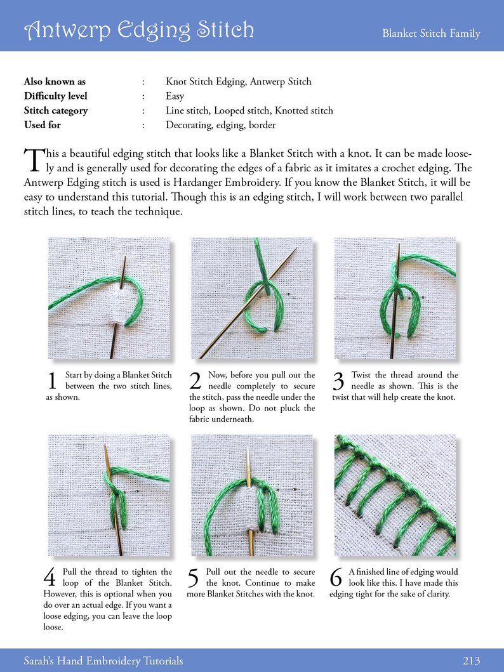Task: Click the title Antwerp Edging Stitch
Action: [x=139, y=29]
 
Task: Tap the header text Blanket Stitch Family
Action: [x=431, y=34]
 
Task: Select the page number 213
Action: [x=471, y=661]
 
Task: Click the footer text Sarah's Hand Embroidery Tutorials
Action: [x=103, y=661]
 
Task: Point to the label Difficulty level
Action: [x=55, y=96]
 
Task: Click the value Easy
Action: [x=175, y=96]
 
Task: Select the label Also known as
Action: [x=54, y=81]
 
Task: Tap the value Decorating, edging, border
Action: [x=220, y=125]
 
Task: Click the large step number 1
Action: [x=53, y=381]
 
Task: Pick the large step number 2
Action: [x=196, y=381]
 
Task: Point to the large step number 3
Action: [x=338, y=381]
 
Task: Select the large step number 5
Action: [x=195, y=578]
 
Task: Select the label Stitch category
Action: [x=56, y=110]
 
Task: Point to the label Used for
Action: [x=42, y=125]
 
